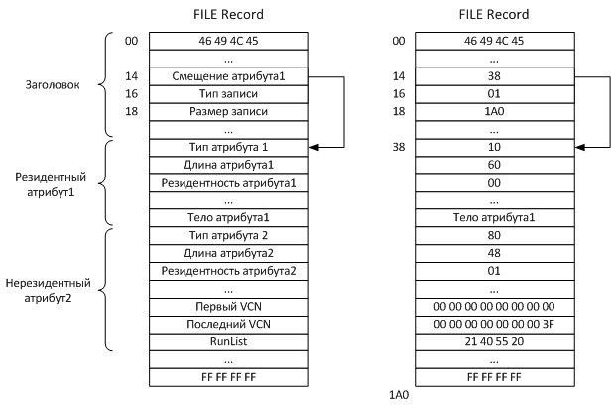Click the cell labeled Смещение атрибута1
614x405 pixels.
point(229,75)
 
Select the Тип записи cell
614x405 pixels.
point(229,93)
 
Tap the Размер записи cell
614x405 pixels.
point(229,111)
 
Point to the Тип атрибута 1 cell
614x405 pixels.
point(229,147)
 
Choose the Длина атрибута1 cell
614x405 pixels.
point(229,165)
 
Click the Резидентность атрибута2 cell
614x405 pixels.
point(229,272)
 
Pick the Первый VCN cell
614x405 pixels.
point(229,307)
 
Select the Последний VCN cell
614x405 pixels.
point(229,325)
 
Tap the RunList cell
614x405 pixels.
point(229,342)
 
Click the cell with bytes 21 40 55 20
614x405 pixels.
point(494,342)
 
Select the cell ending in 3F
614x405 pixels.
point(494,325)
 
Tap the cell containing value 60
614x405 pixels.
point(494,165)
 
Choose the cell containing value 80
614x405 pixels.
point(494,236)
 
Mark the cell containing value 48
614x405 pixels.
point(494,254)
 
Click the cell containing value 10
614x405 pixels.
point(494,147)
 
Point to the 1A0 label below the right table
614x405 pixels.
point(399,395)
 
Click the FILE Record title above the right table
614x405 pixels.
point(494,15)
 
